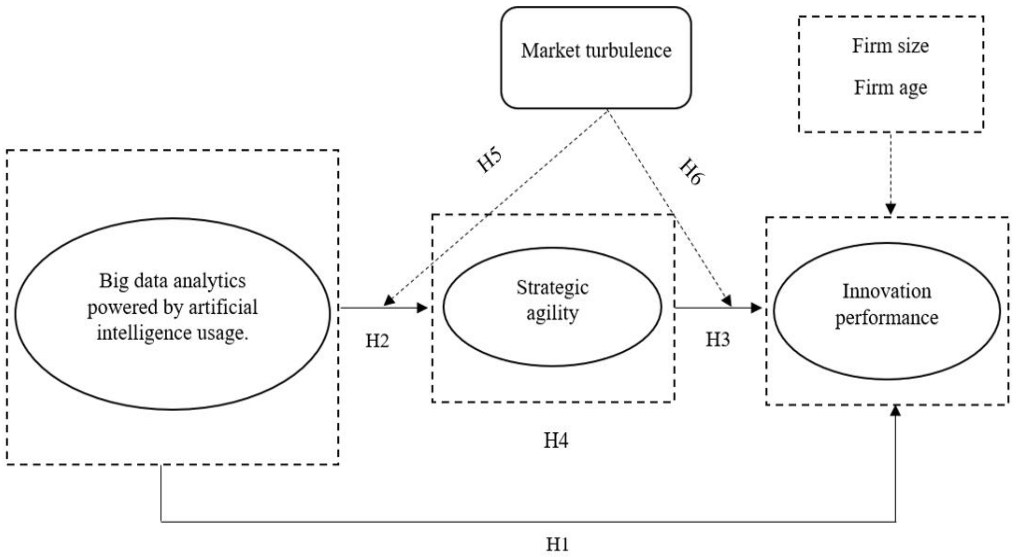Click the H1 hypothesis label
[x=557, y=545]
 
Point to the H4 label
[x=556, y=440]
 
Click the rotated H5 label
[x=489, y=160]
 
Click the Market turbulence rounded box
[x=596, y=58]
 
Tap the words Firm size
[x=890, y=46]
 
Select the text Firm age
[x=891, y=88]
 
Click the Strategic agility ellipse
[x=552, y=307]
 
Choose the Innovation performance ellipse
[x=886, y=311]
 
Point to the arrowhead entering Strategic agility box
[x=423, y=307]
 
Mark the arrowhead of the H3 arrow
[x=756, y=308]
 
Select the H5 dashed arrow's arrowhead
[x=389, y=301]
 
